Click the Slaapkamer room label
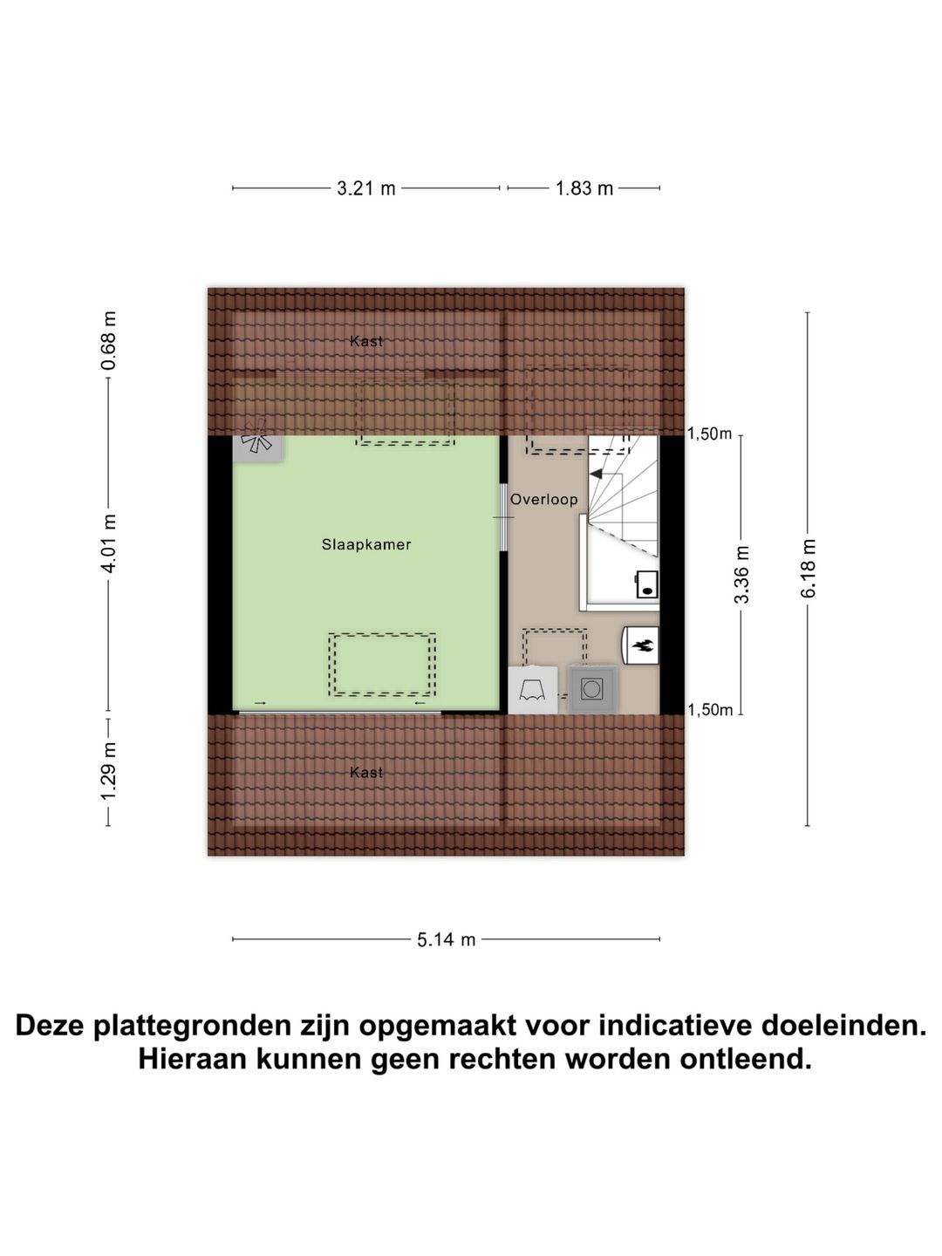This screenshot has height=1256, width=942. pyautogui.click(x=365, y=544)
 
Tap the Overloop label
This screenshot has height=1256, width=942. pyautogui.click(x=543, y=500)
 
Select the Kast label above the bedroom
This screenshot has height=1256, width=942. pyautogui.click(x=365, y=341)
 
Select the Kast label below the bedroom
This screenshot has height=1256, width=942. pyautogui.click(x=365, y=772)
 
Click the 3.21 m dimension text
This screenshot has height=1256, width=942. pyautogui.click(x=365, y=188)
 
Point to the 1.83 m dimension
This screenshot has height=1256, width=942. pyautogui.click(x=584, y=188)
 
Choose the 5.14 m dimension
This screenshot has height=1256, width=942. pyautogui.click(x=446, y=939)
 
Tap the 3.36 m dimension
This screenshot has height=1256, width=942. pyautogui.click(x=741, y=574)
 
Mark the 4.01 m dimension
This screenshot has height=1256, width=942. pyautogui.click(x=109, y=543)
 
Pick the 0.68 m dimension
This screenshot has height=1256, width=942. pyautogui.click(x=109, y=340)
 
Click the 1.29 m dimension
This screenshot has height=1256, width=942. pyautogui.click(x=109, y=771)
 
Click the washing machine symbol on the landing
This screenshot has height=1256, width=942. pyautogui.click(x=592, y=690)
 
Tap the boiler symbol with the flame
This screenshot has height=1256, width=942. pyautogui.click(x=641, y=645)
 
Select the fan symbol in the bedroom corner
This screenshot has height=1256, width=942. pyautogui.click(x=257, y=444)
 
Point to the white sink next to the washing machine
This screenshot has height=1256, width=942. pyautogui.click(x=532, y=690)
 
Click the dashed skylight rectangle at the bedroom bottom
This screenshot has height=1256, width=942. pyautogui.click(x=382, y=665)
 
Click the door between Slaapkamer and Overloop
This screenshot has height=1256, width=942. pyautogui.click(x=503, y=517)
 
